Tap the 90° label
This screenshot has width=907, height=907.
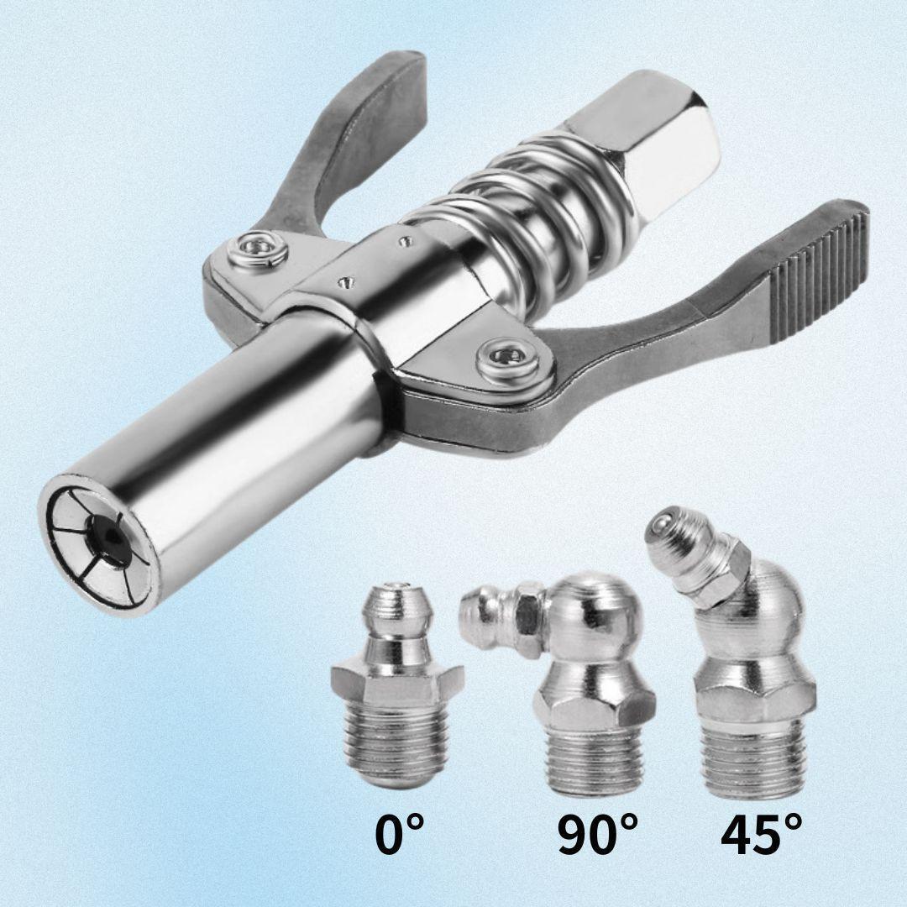(597, 835)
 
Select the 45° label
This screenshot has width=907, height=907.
(761, 835)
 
